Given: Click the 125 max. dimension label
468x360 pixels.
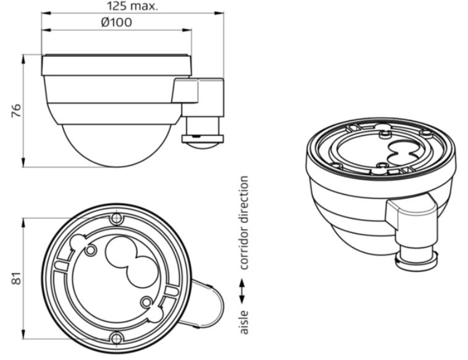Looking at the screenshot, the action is pos(132,6).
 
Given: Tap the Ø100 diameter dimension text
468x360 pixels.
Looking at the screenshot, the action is pos(117,22).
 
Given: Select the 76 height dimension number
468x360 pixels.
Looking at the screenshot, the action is pos(17,111).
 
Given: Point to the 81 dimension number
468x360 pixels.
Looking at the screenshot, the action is pos(17,278).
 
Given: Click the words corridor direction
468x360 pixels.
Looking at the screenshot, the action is pos(244,223).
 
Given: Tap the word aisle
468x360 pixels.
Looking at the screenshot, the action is pos(244,322).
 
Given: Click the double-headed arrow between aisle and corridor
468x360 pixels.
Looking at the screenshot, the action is pos(242,291).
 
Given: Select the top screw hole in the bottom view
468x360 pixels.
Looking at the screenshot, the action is pos(116,219).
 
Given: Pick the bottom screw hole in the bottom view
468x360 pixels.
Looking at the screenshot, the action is pos(116,338).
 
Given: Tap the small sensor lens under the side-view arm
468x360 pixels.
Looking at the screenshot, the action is pos(203,146).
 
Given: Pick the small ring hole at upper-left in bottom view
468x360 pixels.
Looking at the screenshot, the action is pos(90,251).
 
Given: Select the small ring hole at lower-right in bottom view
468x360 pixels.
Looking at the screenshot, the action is pos(146,303).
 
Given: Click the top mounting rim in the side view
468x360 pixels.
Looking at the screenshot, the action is pos(117,65).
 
